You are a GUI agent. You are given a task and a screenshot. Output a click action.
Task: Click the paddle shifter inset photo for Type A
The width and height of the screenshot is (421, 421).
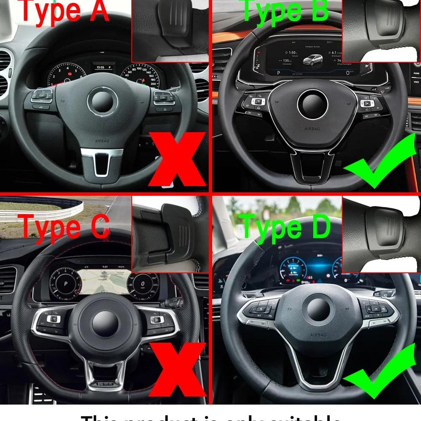(170, 30)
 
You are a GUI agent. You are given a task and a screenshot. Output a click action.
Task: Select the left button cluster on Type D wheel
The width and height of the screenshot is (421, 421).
(258, 314)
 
